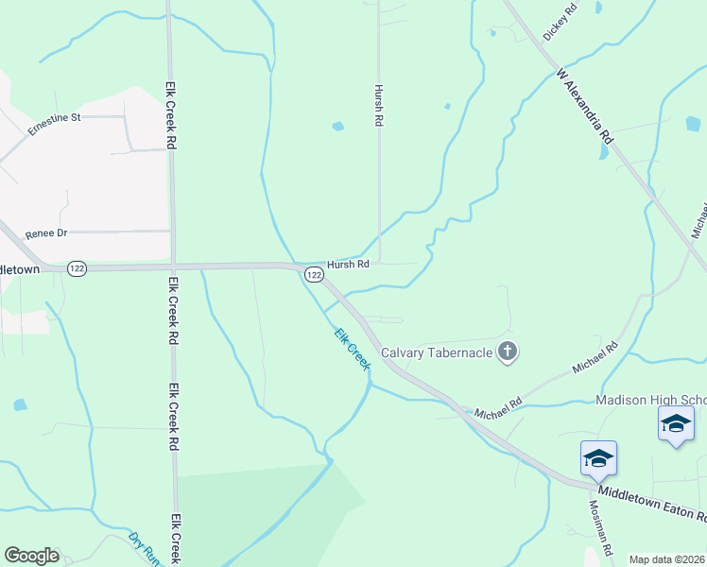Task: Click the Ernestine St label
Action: [x=55, y=124]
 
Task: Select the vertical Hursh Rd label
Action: [x=378, y=104]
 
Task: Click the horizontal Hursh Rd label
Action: [x=348, y=265]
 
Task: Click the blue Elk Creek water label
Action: [x=352, y=349]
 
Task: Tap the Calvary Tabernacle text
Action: [x=436, y=353]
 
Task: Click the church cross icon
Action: [x=508, y=352]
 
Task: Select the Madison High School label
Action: [x=650, y=400]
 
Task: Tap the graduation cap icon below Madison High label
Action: [x=676, y=422]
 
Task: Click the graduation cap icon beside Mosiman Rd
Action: [x=598, y=458]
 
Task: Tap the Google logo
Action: [x=31, y=556]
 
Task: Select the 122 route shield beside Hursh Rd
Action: [x=315, y=274]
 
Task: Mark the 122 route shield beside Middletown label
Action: [x=78, y=269]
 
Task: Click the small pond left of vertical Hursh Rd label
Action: [x=337, y=126]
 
